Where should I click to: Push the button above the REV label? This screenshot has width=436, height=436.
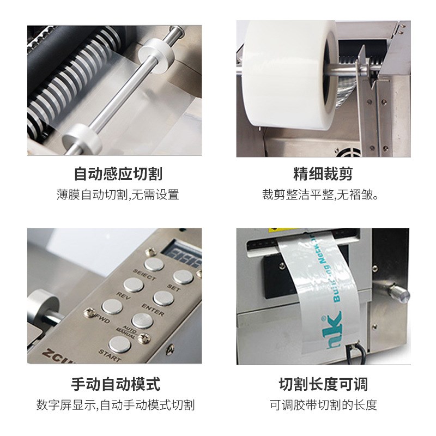coord(133,284)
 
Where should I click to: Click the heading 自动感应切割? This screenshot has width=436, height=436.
coord(118,174)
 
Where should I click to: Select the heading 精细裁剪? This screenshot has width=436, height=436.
coord(323,174)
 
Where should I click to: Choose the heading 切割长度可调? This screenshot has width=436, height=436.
coord(323,384)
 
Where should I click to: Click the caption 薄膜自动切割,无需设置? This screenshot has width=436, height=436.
coord(118,195)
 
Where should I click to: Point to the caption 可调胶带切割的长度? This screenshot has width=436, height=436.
coord(323,405)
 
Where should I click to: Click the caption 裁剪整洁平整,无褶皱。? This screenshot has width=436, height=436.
coord(320,195)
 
